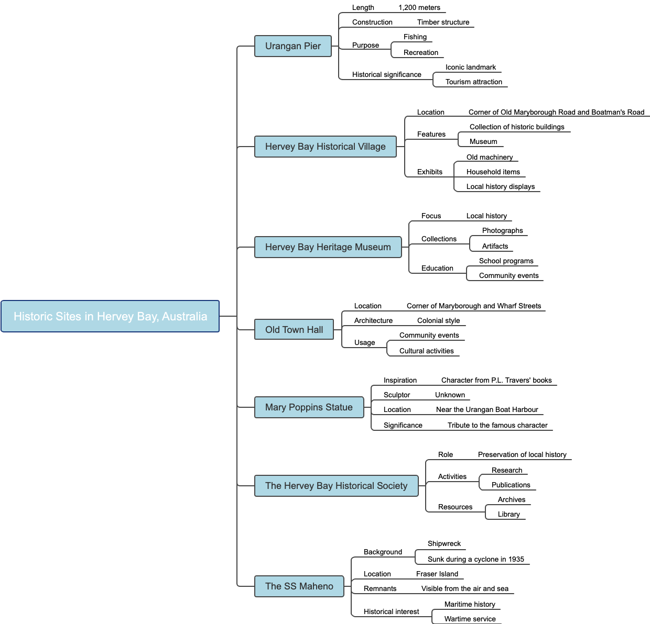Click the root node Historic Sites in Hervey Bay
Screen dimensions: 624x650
(x=110, y=316)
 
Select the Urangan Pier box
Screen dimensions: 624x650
(x=293, y=46)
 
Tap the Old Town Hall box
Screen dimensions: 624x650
(x=294, y=330)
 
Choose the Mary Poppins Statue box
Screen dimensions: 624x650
(x=309, y=407)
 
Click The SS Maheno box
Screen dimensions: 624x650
(x=299, y=586)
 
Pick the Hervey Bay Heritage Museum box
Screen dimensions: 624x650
(x=328, y=247)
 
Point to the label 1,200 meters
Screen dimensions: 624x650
(x=419, y=8)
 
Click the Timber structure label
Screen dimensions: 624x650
(x=443, y=23)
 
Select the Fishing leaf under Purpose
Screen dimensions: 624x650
(x=415, y=37)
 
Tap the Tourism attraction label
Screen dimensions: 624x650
(x=473, y=82)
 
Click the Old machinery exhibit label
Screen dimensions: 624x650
(x=490, y=158)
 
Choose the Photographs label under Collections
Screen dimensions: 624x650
(x=502, y=231)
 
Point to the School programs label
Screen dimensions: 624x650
(x=506, y=261)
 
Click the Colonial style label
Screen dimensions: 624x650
(x=438, y=321)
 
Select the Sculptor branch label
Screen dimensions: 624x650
(x=397, y=395)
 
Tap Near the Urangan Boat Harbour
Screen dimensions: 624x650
(x=487, y=410)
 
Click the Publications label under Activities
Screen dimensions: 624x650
(x=511, y=485)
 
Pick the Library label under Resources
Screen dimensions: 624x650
(x=508, y=515)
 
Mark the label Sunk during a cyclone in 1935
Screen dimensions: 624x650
(x=475, y=560)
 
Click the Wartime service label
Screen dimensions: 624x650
(x=470, y=619)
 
